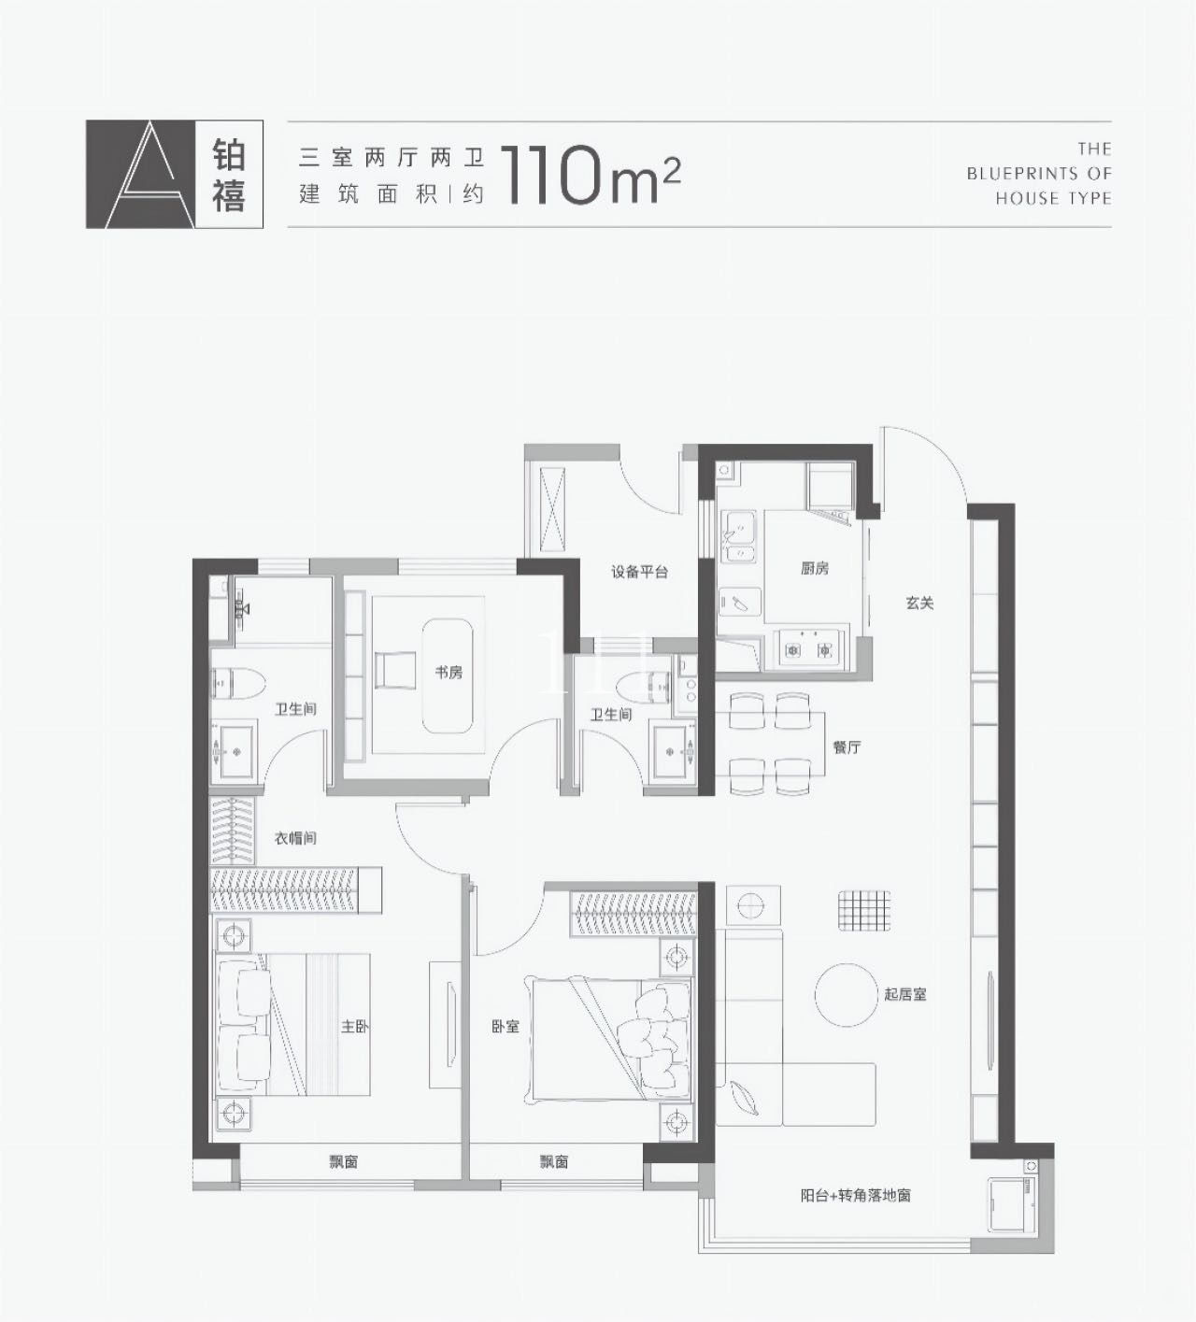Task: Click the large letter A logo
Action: click(140, 175)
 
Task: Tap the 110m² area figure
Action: click(591, 175)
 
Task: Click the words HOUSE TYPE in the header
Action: click(1053, 198)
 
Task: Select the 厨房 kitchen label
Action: click(814, 568)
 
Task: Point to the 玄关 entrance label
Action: click(919, 604)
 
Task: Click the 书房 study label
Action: click(448, 672)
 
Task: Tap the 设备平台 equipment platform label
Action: click(639, 572)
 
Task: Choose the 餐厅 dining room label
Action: click(847, 746)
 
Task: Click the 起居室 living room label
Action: click(904, 994)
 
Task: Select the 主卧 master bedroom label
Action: click(355, 1026)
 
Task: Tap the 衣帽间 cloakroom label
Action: click(294, 838)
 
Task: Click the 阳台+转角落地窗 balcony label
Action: click(855, 1195)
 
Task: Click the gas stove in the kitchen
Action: click(809, 648)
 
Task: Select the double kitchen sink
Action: click(739, 539)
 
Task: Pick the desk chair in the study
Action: click(392, 671)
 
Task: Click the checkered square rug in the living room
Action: click(863, 910)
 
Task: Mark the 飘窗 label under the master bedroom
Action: click(343, 1162)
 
